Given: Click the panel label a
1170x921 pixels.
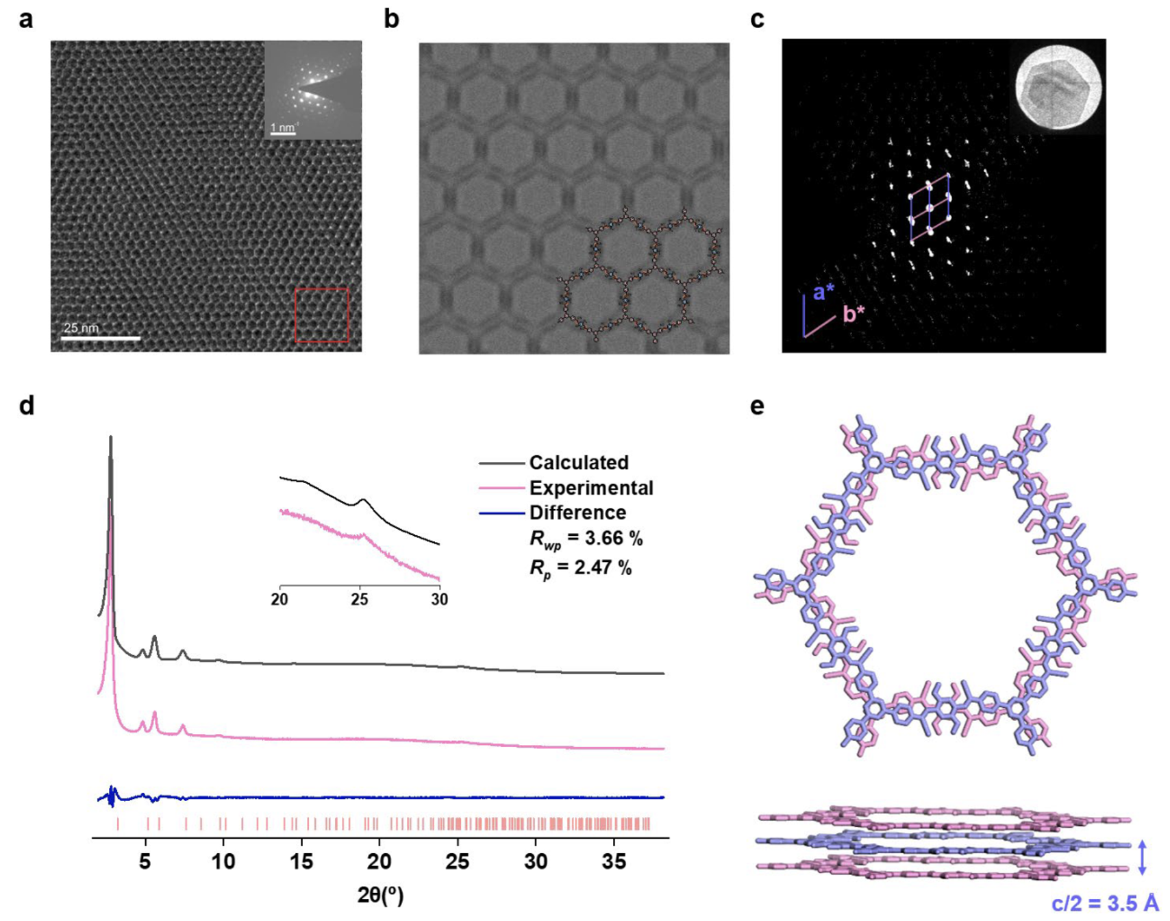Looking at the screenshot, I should tap(25, 19).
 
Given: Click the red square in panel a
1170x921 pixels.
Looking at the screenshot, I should tap(322, 315).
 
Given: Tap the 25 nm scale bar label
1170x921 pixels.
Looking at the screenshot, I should tap(81, 328).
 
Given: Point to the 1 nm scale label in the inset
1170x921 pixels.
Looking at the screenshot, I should tap(283, 127).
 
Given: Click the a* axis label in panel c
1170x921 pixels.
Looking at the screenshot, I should tap(823, 293).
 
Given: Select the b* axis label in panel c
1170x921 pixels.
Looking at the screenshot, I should tap(854, 314).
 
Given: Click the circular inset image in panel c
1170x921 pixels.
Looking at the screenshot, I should tap(1058, 86).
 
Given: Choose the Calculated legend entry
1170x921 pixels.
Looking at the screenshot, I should tap(579, 463).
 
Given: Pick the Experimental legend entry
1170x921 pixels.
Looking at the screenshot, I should tap(591, 488).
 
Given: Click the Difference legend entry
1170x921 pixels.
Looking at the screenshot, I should tap(577, 513).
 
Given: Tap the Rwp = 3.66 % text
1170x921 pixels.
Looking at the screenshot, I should tap(586, 539).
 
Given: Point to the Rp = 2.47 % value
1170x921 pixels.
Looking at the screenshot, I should tap(581, 568).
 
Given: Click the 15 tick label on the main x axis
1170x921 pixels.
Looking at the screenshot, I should tap(301, 861).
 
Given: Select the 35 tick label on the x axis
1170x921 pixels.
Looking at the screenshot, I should tap(614, 861).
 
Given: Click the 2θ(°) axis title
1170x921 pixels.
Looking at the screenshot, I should tap(380, 894).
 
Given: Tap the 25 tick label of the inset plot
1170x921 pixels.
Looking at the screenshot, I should tap(360, 600).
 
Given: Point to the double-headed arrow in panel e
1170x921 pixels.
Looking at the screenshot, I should tap(1142, 858).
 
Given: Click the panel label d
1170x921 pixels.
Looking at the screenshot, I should tap(26, 406).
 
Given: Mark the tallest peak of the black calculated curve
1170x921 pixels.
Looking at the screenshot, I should tap(111, 437).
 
